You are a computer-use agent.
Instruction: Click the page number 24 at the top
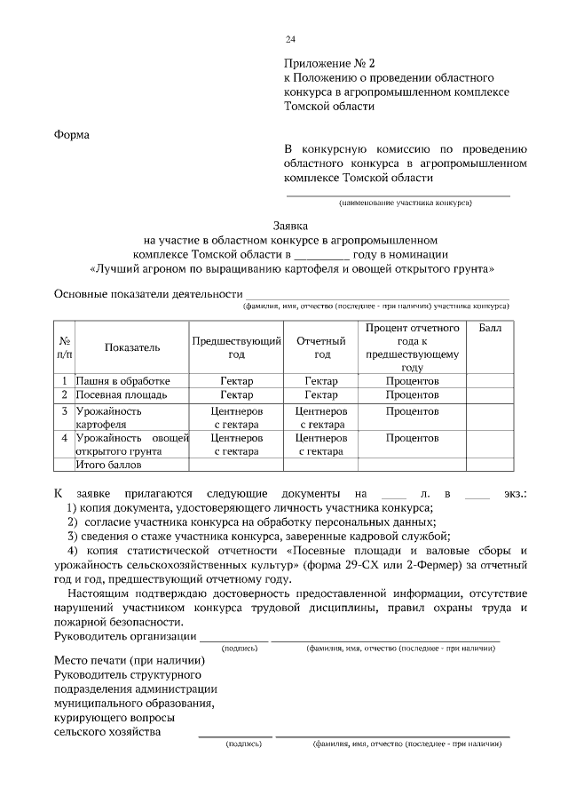pos(290,39)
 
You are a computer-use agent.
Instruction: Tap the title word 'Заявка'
pos(289,226)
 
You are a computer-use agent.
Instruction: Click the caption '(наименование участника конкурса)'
pos(404,202)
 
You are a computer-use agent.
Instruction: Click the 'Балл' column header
pos(489,329)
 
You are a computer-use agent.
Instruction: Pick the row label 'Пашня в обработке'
pos(122,380)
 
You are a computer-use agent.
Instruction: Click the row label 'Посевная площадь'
pos(121,394)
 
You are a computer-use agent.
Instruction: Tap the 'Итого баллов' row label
pos(109,464)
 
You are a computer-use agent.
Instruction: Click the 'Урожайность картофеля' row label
pos(109,418)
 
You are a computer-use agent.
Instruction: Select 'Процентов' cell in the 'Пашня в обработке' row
pos(412,380)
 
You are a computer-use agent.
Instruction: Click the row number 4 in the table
pos(65,438)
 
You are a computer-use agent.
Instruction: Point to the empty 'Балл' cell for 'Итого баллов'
pos(489,464)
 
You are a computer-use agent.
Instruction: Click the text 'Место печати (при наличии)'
pos(130,661)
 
